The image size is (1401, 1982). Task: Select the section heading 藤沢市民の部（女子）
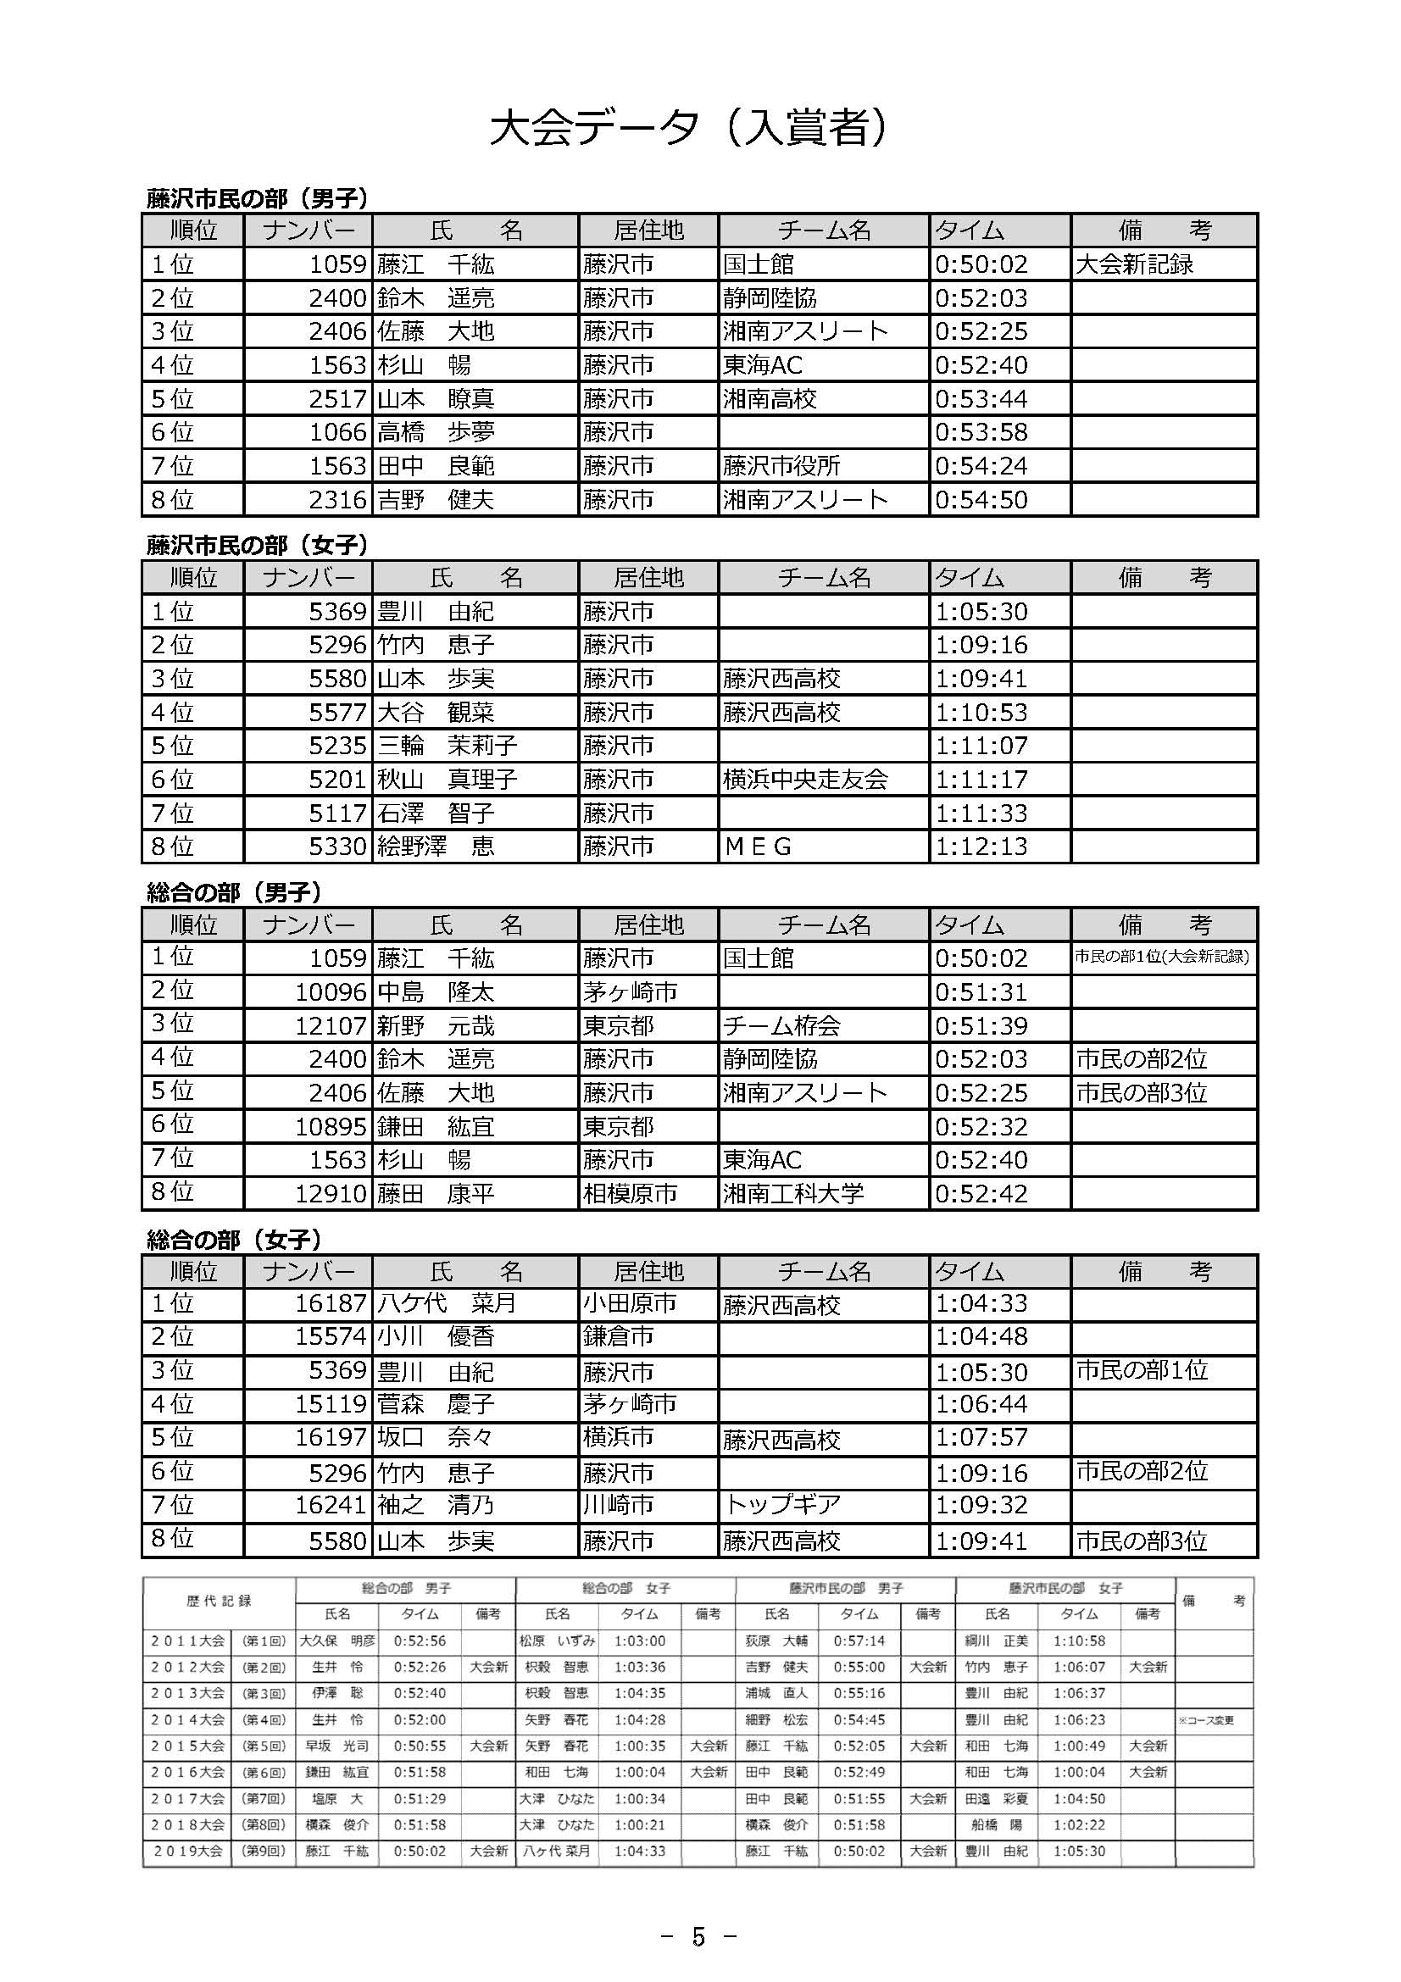[x=258, y=546]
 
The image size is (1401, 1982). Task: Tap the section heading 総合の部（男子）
[x=234, y=892]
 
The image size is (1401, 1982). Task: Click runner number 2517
[x=337, y=399]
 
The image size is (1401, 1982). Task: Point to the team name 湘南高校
[x=769, y=399]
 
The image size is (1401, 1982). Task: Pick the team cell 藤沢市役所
[x=781, y=466]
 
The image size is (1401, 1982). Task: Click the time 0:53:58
[x=981, y=432]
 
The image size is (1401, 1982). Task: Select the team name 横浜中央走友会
[x=804, y=780]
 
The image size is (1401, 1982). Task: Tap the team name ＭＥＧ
[x=758, y=847]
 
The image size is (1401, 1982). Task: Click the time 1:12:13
[x=981, y=847]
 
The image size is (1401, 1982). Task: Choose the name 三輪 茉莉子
[x=448, y=746]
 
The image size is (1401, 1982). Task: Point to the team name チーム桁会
[x=781, y=1026]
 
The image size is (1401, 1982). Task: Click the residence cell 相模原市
[x=629, y=1194]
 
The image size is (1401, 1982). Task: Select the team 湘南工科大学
[x=792, y=1194]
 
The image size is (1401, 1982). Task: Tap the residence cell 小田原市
[x=629, y=1303]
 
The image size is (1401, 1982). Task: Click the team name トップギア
[x=781, y=1506]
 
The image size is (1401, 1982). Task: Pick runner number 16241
[x=331, y=1506]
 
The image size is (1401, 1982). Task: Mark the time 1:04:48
[x=981, y=1337]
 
